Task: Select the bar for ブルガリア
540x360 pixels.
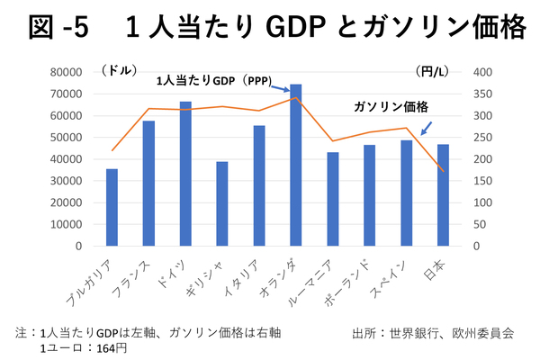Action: pos(112,207)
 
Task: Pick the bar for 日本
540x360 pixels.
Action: pos(443,194)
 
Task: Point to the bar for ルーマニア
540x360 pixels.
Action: pos(332,199)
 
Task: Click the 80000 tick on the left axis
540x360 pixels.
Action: pos(68,72)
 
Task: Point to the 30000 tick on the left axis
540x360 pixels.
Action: pos(68,180)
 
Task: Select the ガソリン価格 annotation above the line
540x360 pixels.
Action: pos(391,106)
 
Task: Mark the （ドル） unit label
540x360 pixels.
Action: pos(120,69)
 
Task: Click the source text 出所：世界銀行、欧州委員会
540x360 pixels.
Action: pos(435,332)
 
